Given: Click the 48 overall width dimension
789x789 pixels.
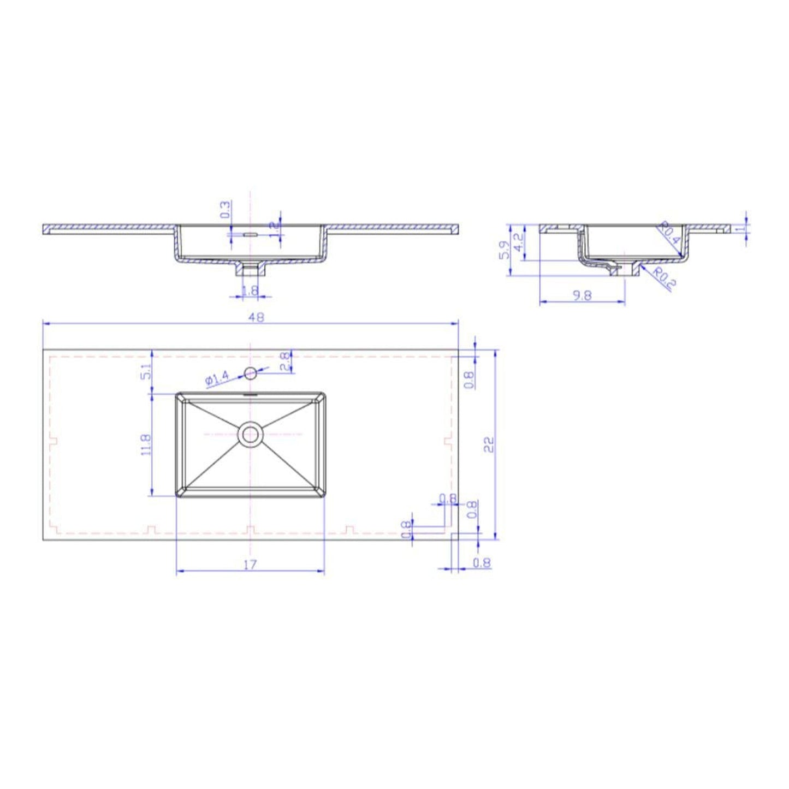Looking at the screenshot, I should coord(256,317).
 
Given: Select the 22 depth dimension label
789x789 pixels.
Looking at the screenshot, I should coord(489,444).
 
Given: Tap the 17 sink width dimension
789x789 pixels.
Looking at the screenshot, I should coord(250,565).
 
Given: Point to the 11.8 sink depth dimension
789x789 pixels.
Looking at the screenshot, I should coord(145,445).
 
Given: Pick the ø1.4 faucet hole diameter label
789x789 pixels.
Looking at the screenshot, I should coord(217,378).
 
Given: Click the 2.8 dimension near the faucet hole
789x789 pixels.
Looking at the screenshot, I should coord(284,362).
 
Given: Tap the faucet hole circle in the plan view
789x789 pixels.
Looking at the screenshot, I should coord(250,373).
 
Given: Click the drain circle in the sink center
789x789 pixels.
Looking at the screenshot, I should coord(251,435).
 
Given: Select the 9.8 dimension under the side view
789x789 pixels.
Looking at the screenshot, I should coord(582,295).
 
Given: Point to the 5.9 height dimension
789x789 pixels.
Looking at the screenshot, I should coord(505,250).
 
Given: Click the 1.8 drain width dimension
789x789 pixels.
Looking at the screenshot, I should coord(250,290).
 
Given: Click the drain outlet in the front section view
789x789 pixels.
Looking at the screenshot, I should coord(250,269).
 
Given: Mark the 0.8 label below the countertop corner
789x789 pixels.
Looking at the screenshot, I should coord(481,562).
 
